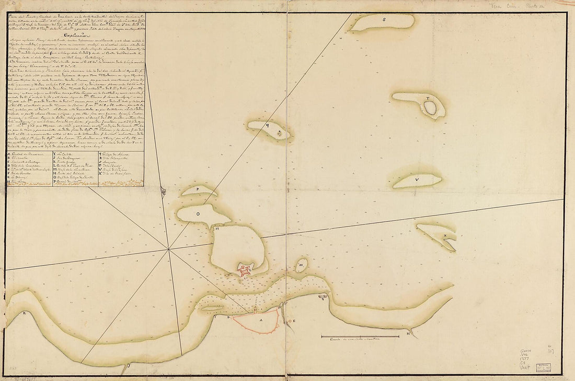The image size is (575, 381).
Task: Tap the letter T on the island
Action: point(427,98)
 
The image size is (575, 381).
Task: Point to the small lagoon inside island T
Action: point(430,108)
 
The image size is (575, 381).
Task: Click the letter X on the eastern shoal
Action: point(445,236)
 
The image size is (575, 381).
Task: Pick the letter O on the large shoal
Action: point(198,214)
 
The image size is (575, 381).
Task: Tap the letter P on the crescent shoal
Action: point(199,190)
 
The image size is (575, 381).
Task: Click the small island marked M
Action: point(302,265)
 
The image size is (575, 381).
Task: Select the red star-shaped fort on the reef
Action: point(245,269)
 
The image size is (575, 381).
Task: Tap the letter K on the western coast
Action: point(24,313)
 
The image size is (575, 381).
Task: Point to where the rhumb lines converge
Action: point(168,249)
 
